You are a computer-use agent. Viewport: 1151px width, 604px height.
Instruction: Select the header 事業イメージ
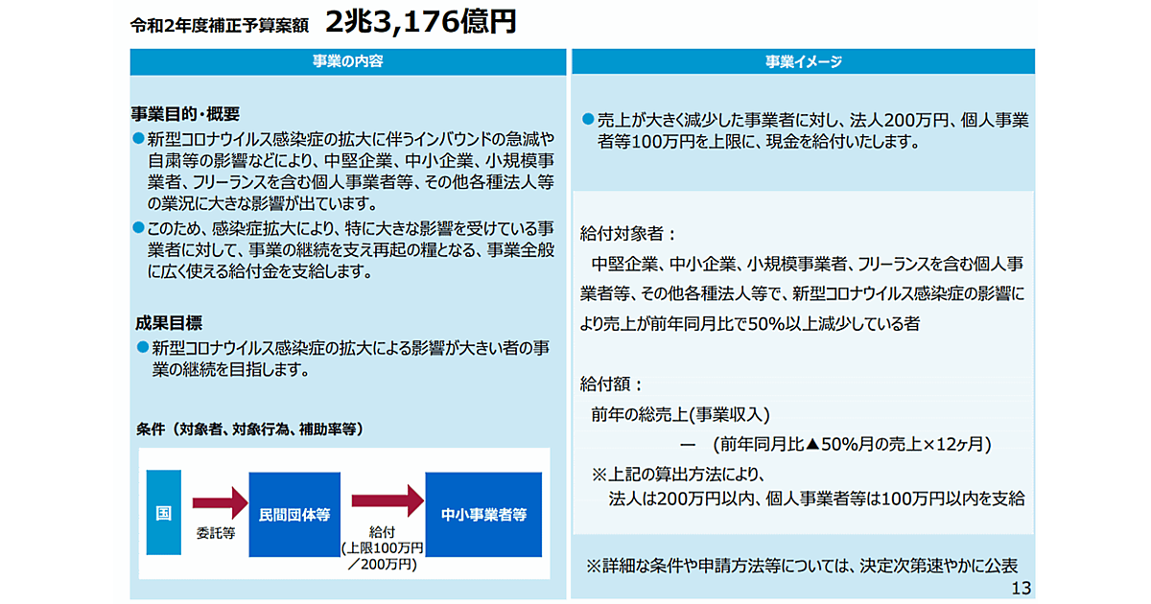pos(803,61)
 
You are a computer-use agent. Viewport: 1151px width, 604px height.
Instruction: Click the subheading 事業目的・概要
pos(185,112)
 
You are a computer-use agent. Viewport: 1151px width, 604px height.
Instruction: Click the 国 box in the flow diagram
pos(163,514)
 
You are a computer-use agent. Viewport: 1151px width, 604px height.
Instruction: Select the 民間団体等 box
pos(294,514)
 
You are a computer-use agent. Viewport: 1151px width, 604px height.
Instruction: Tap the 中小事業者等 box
pos(483,514)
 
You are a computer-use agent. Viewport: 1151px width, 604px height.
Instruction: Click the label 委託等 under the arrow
pos(216,533)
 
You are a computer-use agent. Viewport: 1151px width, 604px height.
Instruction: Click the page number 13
pos(1021,588)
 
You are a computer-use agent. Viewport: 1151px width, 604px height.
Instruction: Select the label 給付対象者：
pos(628,233)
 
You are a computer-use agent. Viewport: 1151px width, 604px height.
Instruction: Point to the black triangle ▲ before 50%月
pos(811,445)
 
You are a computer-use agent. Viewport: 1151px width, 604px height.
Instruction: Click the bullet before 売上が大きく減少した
pos(587,120)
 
